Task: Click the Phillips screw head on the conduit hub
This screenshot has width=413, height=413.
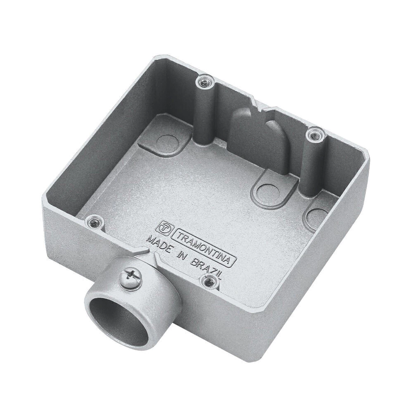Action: (x=131, y=278)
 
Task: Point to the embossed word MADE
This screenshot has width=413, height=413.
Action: (x=160, y=244)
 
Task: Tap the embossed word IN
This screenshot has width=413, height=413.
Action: (x=182, y=255)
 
